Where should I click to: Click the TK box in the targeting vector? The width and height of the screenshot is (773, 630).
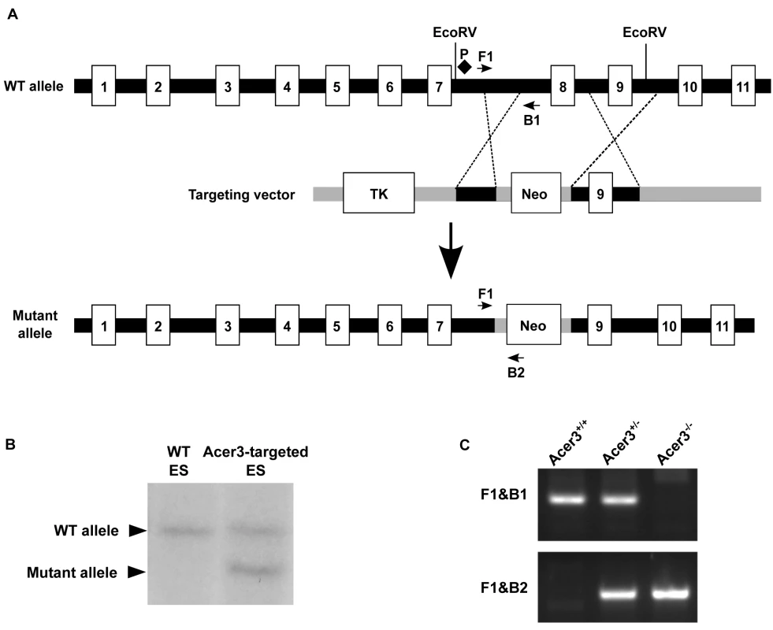click(x=378, y=193)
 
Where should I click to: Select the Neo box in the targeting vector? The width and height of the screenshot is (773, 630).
click(x=536, y=193)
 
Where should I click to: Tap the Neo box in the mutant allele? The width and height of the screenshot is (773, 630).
click(x=533, y=325)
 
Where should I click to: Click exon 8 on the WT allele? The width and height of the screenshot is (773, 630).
click(x=563, y=86)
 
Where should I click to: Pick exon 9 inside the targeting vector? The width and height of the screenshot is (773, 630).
click(x=600, y=193)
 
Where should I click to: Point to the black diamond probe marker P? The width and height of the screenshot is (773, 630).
click(x=464, y=66)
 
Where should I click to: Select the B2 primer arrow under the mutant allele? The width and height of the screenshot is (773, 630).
click(x=516, y=358)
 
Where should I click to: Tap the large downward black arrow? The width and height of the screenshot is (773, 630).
click(x=450, y=251)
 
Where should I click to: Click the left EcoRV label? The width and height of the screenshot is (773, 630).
click(x=455, y=32)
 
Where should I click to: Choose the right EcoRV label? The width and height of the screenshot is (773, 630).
click(x=645, y=32)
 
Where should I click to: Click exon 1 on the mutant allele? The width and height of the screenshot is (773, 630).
click(x=103, y=325)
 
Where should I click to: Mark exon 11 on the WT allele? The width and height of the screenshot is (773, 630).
click(x=743, y=86)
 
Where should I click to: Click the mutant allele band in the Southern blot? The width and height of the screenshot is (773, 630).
click(x=255, y=570)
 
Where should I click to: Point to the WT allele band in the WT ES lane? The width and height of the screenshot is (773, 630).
click(x=180, y=531)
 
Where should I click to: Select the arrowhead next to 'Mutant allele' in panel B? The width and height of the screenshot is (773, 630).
click(x=138, y=572)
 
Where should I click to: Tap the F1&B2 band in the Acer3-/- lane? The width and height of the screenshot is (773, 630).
click(x=670, y=594)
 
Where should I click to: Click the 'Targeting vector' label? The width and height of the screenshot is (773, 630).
click(x=242, y=195)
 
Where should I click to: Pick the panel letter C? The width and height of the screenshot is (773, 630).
click(x=465, y=445)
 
